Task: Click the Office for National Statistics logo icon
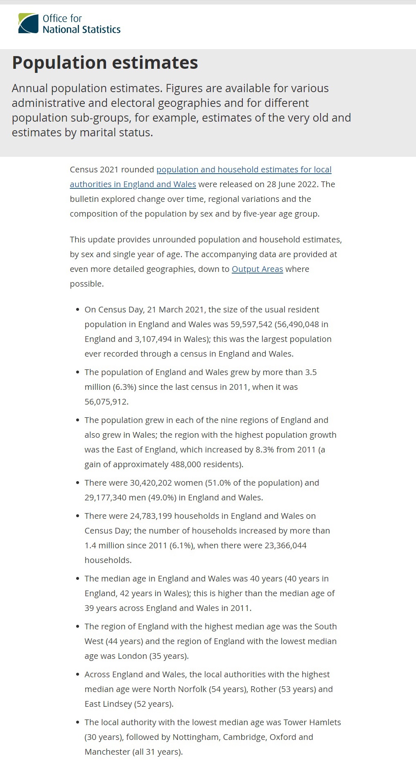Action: [x=28, y=23]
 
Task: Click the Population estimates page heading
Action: [x=105, y=63]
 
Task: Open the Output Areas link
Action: [x=257, y=269]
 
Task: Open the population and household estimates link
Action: [x=244, y=170]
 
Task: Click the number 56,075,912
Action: [x=106, y=402]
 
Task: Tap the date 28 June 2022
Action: [x=292, y=184]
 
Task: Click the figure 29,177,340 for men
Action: [x=106, y=498]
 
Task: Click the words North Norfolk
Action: [x=180, y=689]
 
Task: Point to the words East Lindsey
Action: [x=109, y=704]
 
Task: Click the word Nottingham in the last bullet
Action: [x=196, y=737]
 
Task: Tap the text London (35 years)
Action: [x=153, y=656]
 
